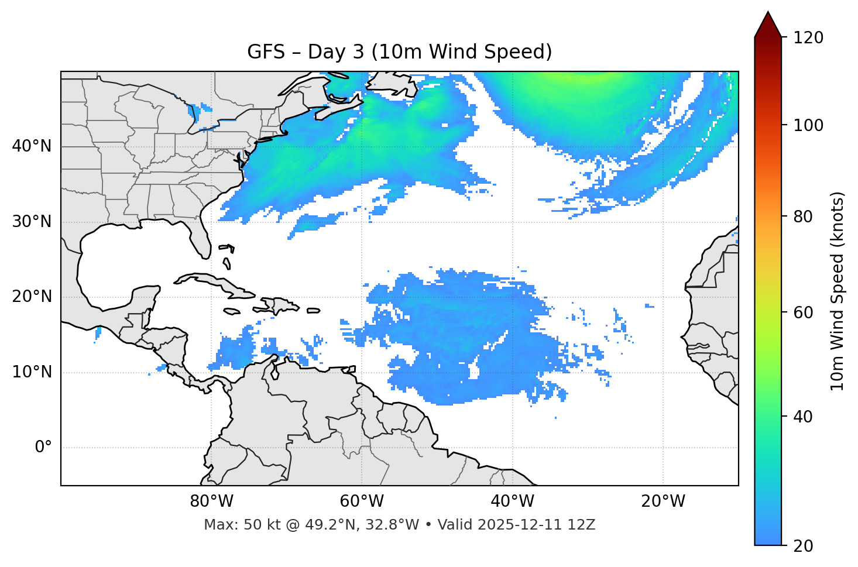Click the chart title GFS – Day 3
tap(399, 52)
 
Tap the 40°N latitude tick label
tap(32, 146)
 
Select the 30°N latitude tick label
tap(32, 222)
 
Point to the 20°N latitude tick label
tap(32, 297)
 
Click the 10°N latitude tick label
tap(32, 372)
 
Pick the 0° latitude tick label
tap(43, 448)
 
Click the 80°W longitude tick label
tap(211, 501)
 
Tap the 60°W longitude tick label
tap(362, 501)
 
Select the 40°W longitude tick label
tap(512, 501)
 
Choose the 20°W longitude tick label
tap(663, 501)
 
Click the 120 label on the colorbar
tap(808, 38)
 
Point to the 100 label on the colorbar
tap(808, 125)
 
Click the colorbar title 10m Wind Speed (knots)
tap(838, 291)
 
